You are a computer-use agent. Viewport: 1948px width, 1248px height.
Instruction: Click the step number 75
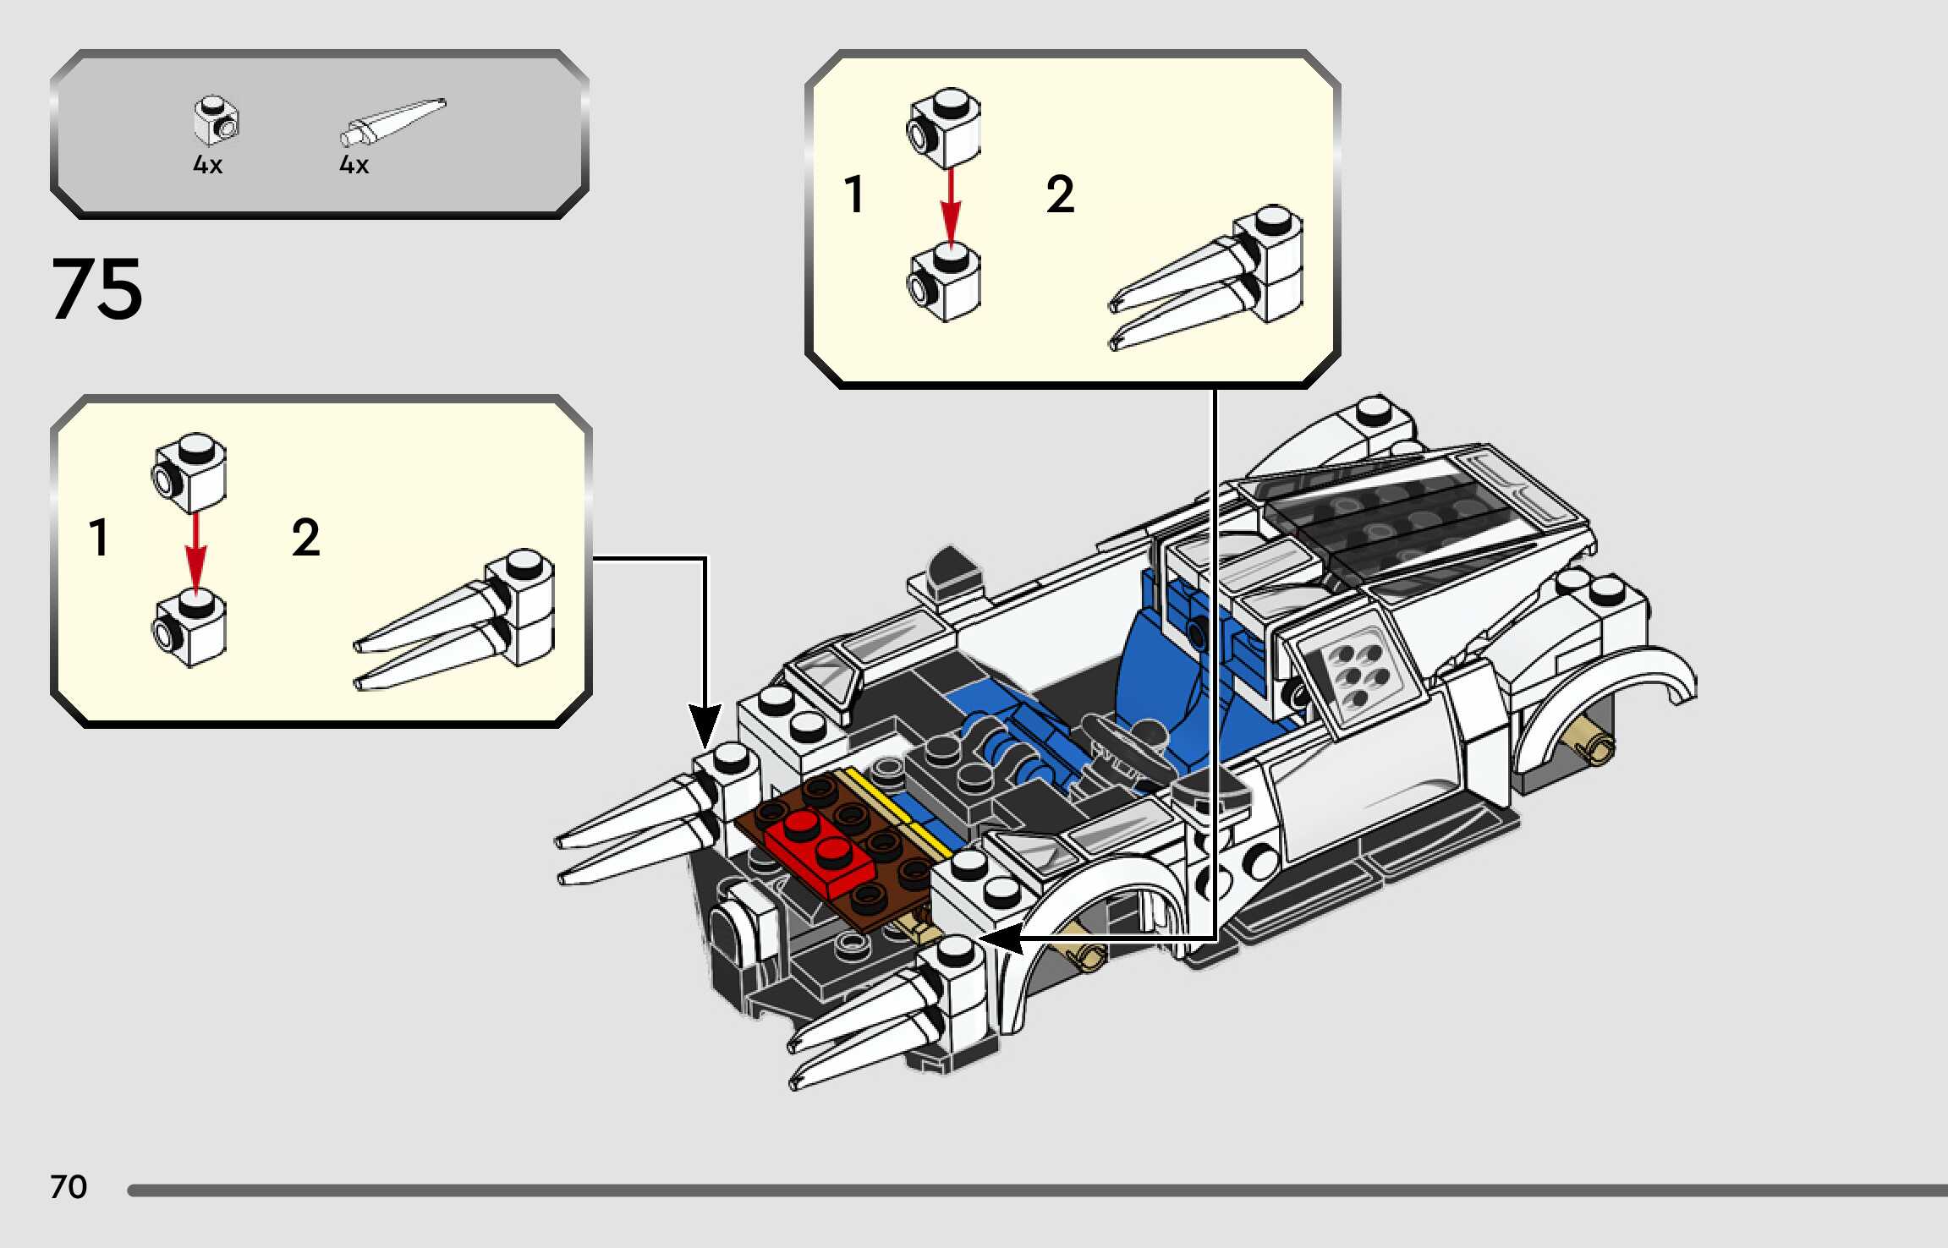97,289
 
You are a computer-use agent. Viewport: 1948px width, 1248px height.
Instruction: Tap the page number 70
69,1187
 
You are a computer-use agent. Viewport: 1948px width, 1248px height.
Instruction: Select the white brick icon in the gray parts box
216,120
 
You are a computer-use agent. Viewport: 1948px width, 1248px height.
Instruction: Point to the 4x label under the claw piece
354,165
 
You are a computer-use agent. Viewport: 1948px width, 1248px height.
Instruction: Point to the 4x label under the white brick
207,165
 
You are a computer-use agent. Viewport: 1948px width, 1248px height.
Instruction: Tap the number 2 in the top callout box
1060,194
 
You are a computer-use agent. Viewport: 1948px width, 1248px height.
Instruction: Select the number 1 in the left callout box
99,538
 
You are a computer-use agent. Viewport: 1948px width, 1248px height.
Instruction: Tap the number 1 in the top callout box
854,194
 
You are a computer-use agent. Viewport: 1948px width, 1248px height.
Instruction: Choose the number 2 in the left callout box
305,538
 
